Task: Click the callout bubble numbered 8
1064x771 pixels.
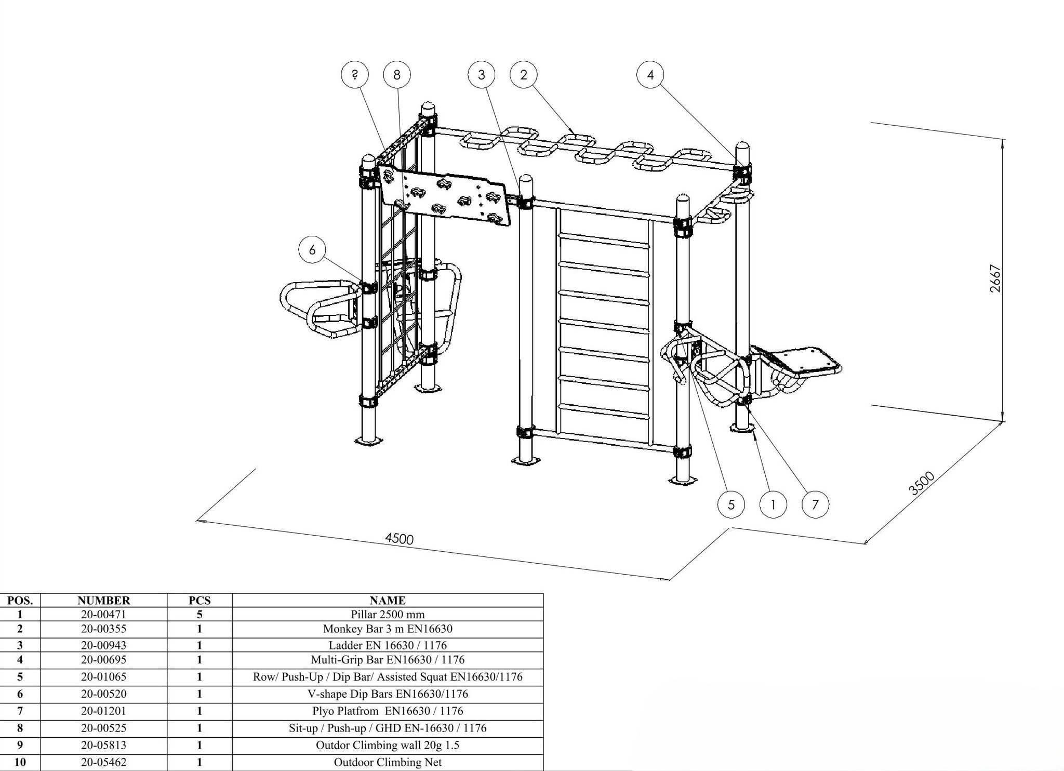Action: tap(397, 75)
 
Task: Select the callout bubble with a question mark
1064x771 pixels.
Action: tap(355, 75)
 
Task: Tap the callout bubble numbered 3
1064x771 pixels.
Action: tap(482, 75)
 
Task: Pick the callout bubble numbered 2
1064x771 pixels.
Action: tap(524, 75)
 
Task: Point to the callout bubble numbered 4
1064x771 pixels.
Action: tap(650, 75)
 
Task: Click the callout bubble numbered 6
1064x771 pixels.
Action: tap(312, 250)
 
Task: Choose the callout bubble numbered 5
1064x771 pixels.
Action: tap(731, 504)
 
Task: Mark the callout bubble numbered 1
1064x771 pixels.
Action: tap(773, 504)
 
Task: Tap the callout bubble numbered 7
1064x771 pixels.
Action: tap(815, 504)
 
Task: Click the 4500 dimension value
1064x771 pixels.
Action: tap(399, 539)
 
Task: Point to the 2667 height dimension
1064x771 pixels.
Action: tap(995, 279)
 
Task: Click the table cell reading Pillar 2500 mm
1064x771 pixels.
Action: tap(388, 614)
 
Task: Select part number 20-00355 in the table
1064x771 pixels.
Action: tap(104, 629)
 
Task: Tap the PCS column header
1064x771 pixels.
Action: tap(199, 601)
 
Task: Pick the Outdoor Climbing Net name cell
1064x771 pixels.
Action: tap(388, 763)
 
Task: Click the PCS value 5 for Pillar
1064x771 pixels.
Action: tap(199, 614)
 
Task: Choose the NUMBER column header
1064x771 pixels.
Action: tap(104, 601)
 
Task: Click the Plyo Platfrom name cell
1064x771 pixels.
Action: tap(388, 711)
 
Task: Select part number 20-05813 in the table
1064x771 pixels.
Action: tap(104, 745)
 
